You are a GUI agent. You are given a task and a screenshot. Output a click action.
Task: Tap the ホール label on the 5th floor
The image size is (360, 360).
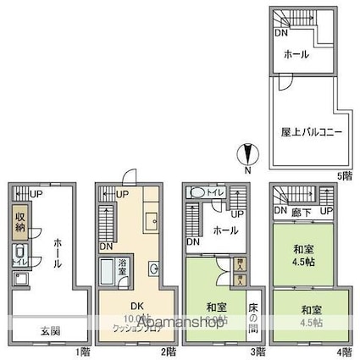click(296, 54)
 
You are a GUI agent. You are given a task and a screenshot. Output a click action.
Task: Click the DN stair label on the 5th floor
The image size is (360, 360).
click(279, 33)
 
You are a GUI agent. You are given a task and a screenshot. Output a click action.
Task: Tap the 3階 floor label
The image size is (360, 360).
click(258, 351)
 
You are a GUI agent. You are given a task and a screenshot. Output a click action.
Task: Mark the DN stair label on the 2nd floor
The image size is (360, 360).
click(105, 246)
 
